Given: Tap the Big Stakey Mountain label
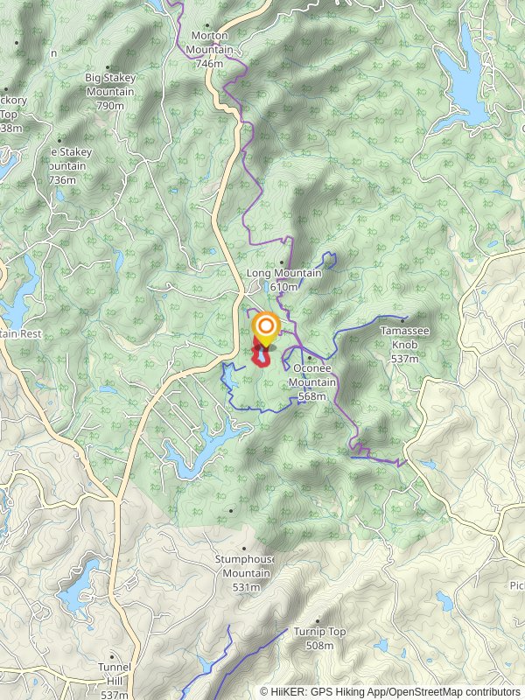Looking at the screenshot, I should coord(109,85).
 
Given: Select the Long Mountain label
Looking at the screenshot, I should coord(284,274).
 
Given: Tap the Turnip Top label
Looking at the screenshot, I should coord(319,632).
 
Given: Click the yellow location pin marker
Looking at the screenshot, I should coord(265,330).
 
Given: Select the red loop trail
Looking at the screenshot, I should coord(261,358).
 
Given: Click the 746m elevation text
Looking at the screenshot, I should coord(209,64).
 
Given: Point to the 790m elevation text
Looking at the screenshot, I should coord(109,106).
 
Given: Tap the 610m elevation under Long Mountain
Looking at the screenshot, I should coord(284,287).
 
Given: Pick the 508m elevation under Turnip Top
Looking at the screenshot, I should coord(319,646).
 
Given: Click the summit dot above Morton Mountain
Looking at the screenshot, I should coord(207,25).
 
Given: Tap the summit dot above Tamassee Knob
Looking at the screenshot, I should coord(404,319).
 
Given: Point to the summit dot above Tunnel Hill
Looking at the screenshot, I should coord(112,654).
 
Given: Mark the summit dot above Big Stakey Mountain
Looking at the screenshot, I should coord(108,67).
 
